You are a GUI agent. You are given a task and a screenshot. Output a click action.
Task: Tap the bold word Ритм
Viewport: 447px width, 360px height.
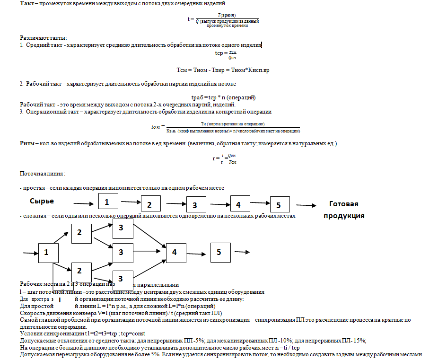[27, 143]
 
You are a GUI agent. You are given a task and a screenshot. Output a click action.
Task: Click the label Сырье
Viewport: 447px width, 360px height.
[42, 201]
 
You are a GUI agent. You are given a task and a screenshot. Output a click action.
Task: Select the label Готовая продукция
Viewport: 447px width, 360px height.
[343, 210]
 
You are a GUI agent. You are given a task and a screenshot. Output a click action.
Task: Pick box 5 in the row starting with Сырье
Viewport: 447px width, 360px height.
[280, 204]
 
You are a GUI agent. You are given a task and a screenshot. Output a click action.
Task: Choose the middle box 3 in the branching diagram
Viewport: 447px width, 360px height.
[122, 252]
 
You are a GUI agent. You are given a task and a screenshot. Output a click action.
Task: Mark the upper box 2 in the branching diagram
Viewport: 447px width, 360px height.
[81, 233]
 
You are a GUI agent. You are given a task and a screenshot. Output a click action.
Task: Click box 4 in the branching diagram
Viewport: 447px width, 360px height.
[175, 252]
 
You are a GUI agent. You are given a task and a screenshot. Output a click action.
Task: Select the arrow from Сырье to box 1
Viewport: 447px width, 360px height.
[84, 204]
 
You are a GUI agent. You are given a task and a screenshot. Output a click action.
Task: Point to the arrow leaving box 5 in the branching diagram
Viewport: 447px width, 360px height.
[242, 252]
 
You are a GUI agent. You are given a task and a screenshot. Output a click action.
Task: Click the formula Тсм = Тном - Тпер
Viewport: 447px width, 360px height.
[223, 70]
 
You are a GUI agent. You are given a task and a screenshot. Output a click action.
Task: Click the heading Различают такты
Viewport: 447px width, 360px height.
[44, 37]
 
